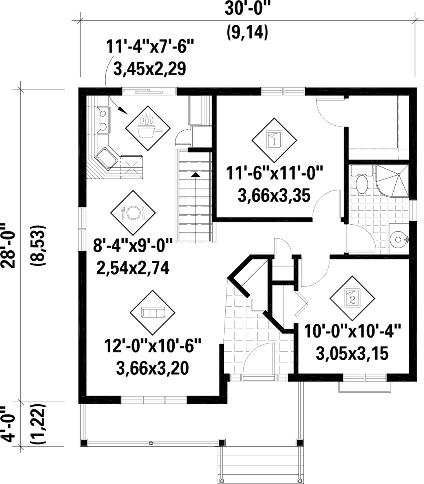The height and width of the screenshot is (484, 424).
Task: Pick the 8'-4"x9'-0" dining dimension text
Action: click(130, 248)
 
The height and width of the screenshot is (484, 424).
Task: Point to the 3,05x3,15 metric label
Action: click(352, 354)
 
